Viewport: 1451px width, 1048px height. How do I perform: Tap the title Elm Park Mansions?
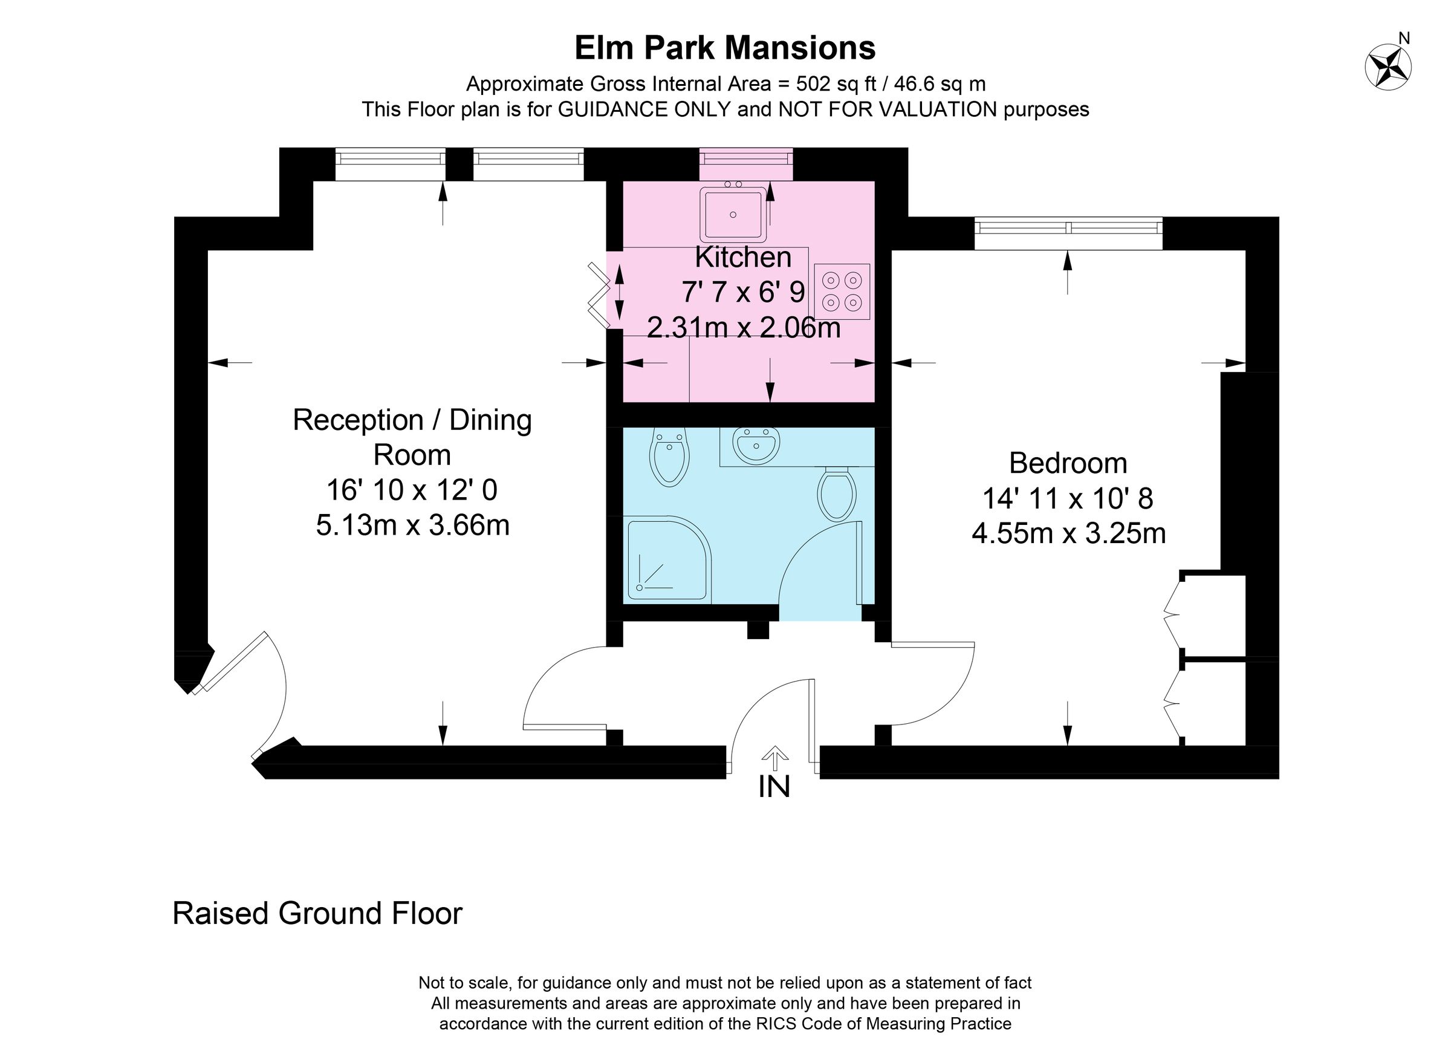(725, 48)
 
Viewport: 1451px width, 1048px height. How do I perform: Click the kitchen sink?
(733, 214)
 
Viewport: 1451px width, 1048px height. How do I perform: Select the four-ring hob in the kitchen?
(842, 291)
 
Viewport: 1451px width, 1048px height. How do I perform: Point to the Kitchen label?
(743, 257)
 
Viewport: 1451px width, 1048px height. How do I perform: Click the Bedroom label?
(1068, 463)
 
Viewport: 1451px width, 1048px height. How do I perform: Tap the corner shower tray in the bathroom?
(666, 559)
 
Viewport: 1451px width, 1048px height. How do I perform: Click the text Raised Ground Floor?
(317, 913)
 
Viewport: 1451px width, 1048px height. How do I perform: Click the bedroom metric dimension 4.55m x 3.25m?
(1068, 533)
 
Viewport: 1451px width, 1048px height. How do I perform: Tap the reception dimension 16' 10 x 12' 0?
(412, 490)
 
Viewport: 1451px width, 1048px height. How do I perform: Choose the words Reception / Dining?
(412, 420)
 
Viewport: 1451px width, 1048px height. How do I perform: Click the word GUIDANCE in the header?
(644, 109)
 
